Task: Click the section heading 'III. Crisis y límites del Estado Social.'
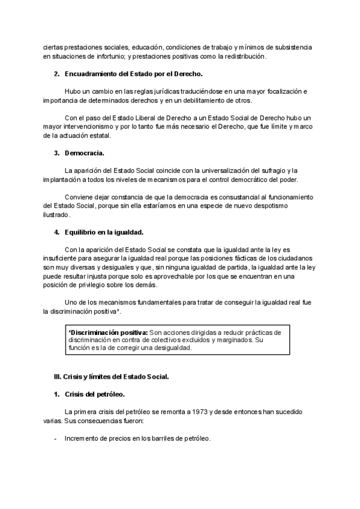(112, 377)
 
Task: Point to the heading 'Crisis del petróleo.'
(94, 394)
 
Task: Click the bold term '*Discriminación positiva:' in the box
(108, 331)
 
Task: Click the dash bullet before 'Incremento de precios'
(56, 438)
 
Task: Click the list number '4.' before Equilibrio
(57, 232)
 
